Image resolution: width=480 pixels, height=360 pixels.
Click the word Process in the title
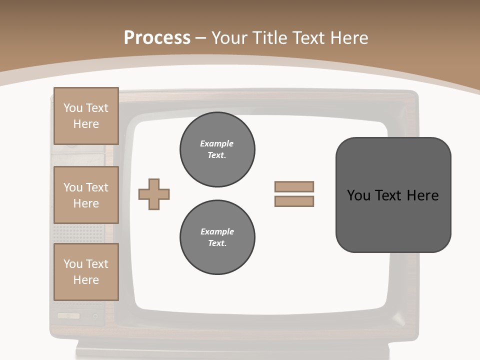tap(157, 38)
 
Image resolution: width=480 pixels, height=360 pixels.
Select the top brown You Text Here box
tap(86, 116)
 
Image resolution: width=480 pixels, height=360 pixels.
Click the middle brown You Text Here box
tap(86, 195)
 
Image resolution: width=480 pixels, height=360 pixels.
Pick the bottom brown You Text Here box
tap(86, 272)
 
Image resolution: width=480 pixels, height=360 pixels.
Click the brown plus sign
tap(154, 194)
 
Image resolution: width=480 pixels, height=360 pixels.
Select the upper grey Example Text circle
tap(217, 149)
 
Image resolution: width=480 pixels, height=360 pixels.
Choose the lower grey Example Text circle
tap(217, 237)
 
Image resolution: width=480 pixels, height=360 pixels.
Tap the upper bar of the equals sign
tap(294, 186)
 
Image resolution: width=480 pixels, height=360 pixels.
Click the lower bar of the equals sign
tap(294, 201)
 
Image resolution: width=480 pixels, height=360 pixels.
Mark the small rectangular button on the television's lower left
tap(68, 316)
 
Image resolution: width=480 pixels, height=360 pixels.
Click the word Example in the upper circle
tap(217, 143)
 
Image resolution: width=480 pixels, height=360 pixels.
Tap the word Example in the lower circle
tap(217, 231)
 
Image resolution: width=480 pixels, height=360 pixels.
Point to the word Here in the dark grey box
tap(422, 195)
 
